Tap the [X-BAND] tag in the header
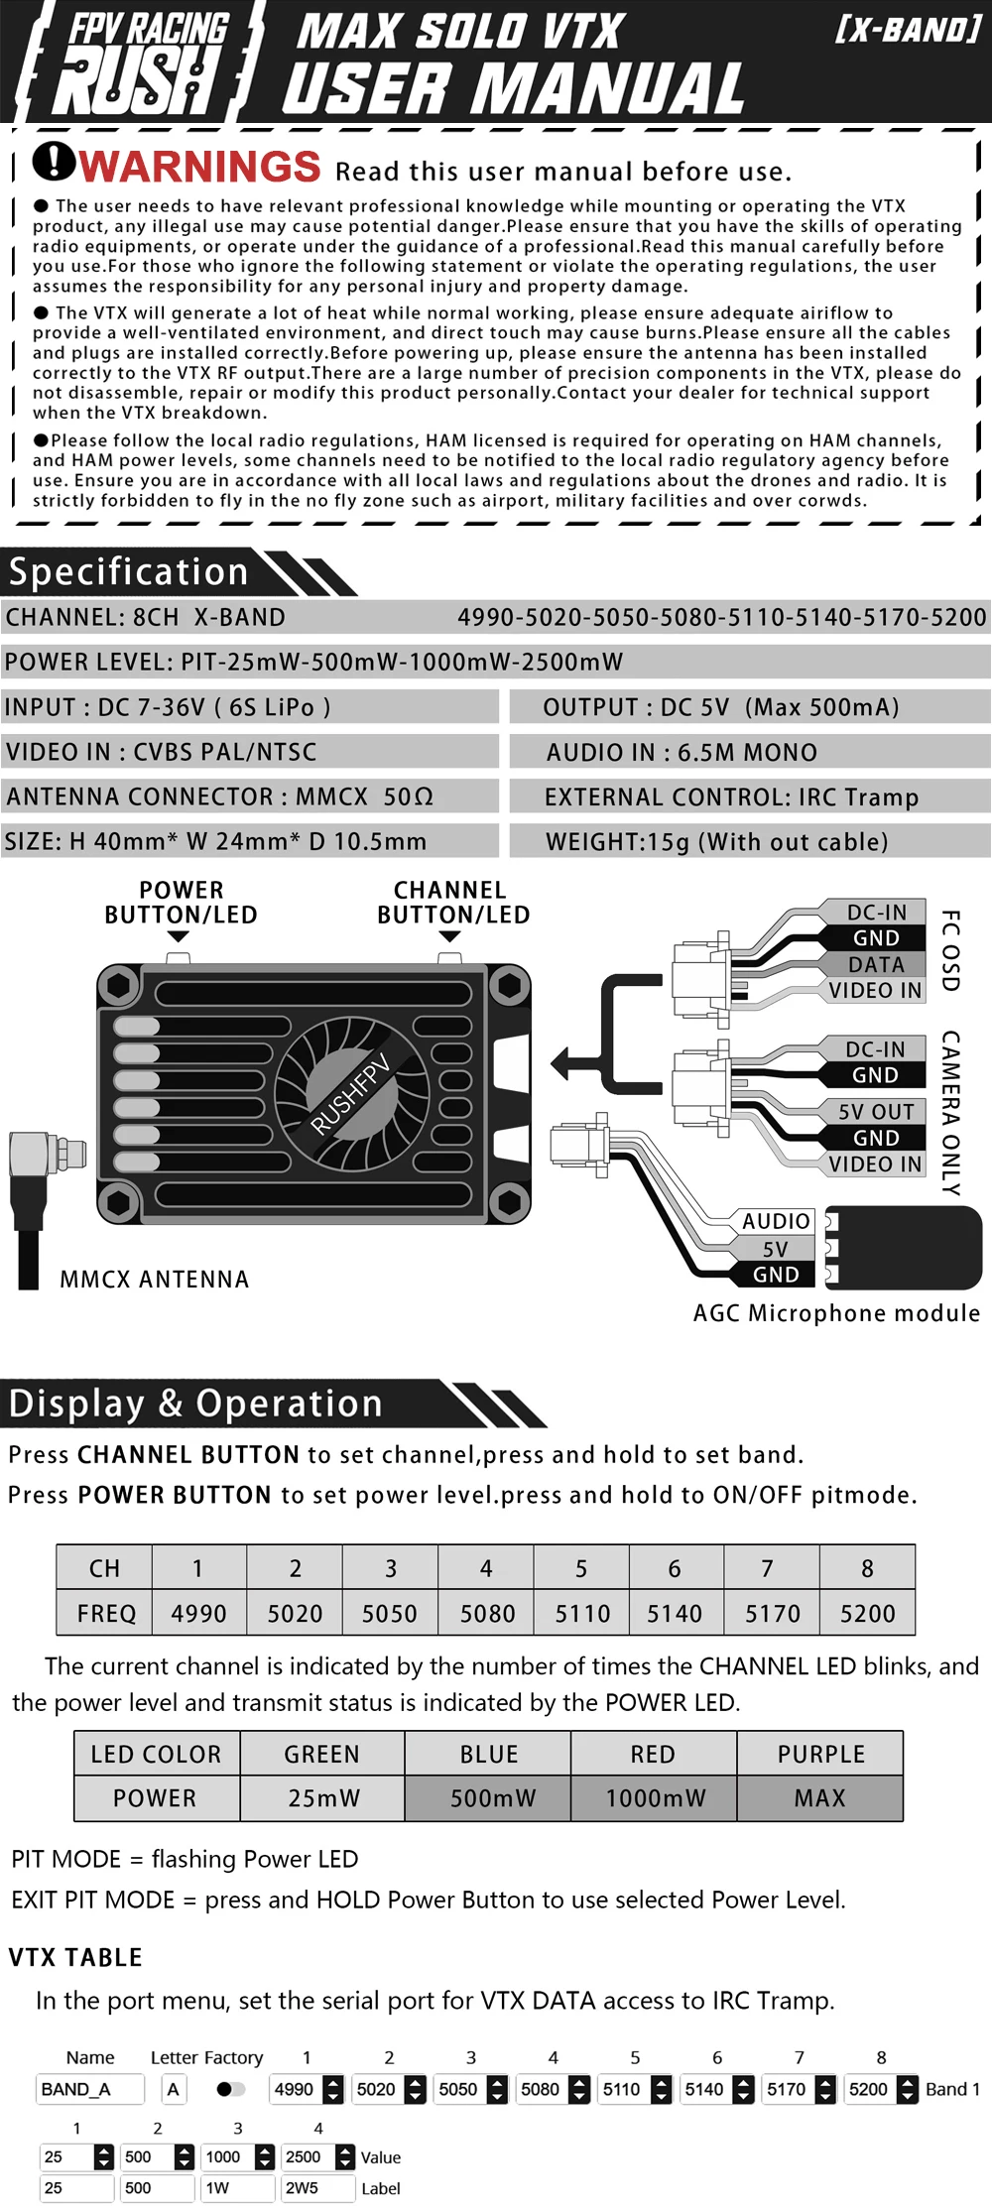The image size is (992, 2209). click(908, 30)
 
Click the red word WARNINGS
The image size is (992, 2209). click(200, 166)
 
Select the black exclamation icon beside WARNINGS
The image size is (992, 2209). click(54, 161)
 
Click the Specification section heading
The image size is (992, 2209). click(129, 572)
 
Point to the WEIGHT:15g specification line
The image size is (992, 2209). click(717, 842)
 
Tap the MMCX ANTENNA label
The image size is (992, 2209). click(154, 1280)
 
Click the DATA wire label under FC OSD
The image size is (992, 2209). click(876, 964)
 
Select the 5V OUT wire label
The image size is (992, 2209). click(876, 1112)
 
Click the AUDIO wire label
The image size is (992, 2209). click(776, 1221)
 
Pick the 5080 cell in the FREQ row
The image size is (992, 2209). click(487, 1614)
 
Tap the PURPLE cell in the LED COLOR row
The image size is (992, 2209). click(820, 1754)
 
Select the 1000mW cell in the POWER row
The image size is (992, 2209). click(655, 1798)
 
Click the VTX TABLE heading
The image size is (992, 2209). click(75, 1957)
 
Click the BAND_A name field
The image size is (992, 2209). click(89, 2089)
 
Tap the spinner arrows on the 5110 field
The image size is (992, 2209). click(662, 2089)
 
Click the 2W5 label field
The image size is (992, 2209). click(316, 2187)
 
